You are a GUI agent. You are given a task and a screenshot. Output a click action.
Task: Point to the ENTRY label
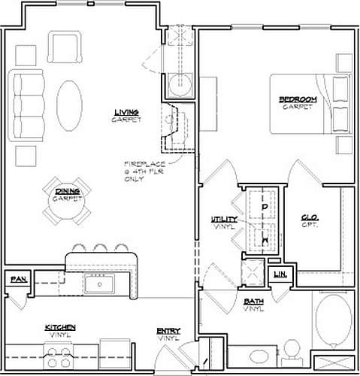pyautogui.click(x=168, y=332)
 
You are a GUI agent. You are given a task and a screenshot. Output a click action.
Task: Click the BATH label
pyautogui.click(x=253, y=303)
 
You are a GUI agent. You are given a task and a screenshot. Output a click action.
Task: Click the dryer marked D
pyautogui.click(x=264, y=205)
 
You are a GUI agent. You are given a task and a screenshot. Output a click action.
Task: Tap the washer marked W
pyautogui.click(x=264, y=238)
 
